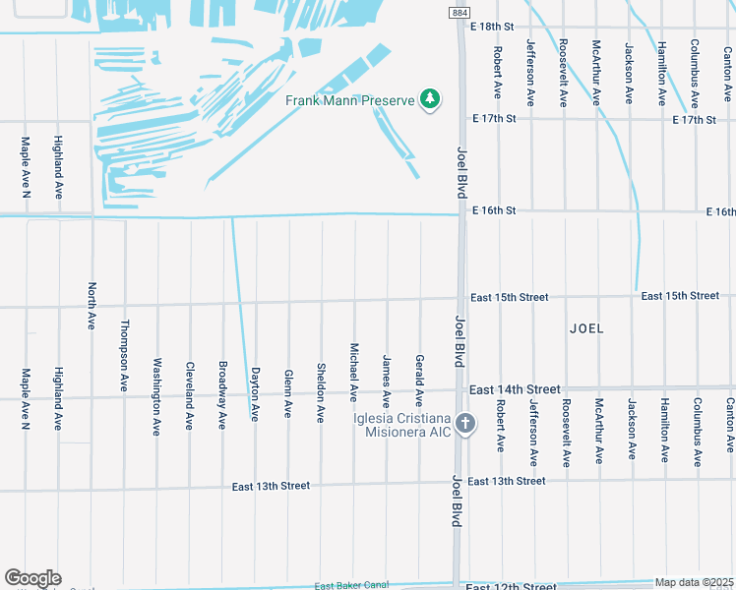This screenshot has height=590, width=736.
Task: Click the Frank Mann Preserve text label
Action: tap(349, 100)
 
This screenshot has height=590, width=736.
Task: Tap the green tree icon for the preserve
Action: tap(429, 99)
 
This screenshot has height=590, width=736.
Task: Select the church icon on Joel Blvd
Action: tap(466, 425)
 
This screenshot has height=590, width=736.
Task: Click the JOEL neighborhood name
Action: tap(586, 328)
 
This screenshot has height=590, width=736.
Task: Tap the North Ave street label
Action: tap(91, 305)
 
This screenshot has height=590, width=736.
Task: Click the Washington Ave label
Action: tap(156, 400)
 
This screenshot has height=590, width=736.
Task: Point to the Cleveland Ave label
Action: tap(189, 396)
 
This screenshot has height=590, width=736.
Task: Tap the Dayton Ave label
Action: tap(255, 393)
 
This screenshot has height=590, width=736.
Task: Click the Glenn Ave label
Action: tap(287, 393)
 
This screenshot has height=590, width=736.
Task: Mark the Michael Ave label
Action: tap(353, 372)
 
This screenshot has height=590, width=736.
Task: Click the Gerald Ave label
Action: tap(419, 381)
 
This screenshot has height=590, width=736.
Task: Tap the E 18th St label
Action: tap(494, 26)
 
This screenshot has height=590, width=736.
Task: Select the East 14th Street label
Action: tap(515, 389)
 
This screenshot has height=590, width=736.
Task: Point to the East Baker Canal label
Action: tap(352, 586)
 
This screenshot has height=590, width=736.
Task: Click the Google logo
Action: tap(32, 577)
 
